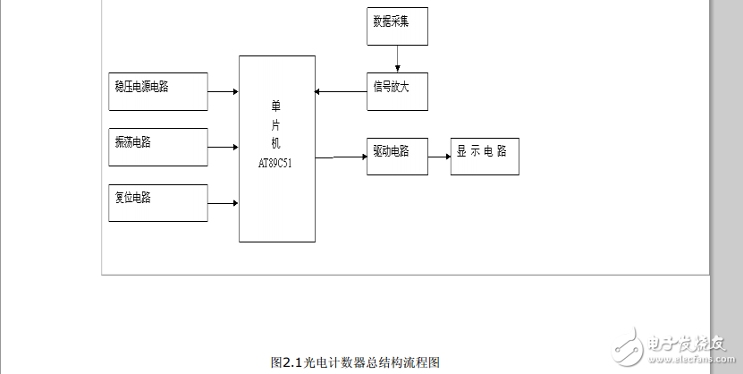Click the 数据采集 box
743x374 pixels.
click(397, 27)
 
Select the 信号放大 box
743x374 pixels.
click(397, 91)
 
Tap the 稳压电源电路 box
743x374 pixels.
click(157, 91)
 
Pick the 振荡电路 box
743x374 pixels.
click(157, 147)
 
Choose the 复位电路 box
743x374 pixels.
click(157, 203)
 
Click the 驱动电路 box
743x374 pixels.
click(397, 156)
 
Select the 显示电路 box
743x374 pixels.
click(485, 156)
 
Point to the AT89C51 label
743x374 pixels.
click(276, 162)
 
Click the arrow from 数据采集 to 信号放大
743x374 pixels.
click(397, 58)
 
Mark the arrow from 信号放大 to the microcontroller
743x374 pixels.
click(341, 91)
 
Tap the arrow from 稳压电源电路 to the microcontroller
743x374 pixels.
click(223, 91)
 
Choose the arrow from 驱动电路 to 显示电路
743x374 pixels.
click(439, 157)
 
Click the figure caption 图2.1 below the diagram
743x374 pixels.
click(355, 362)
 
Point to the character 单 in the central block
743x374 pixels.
click(276, 106)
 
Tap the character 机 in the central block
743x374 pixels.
click(276, 143)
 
